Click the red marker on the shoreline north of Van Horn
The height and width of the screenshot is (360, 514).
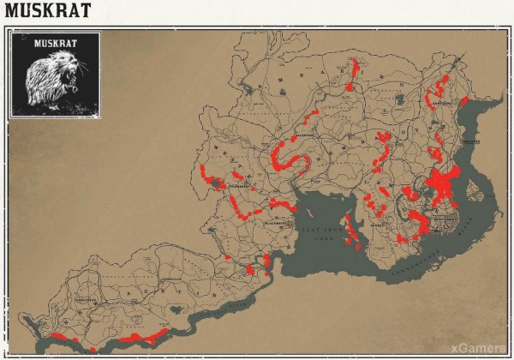click(x=463, y=101)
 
